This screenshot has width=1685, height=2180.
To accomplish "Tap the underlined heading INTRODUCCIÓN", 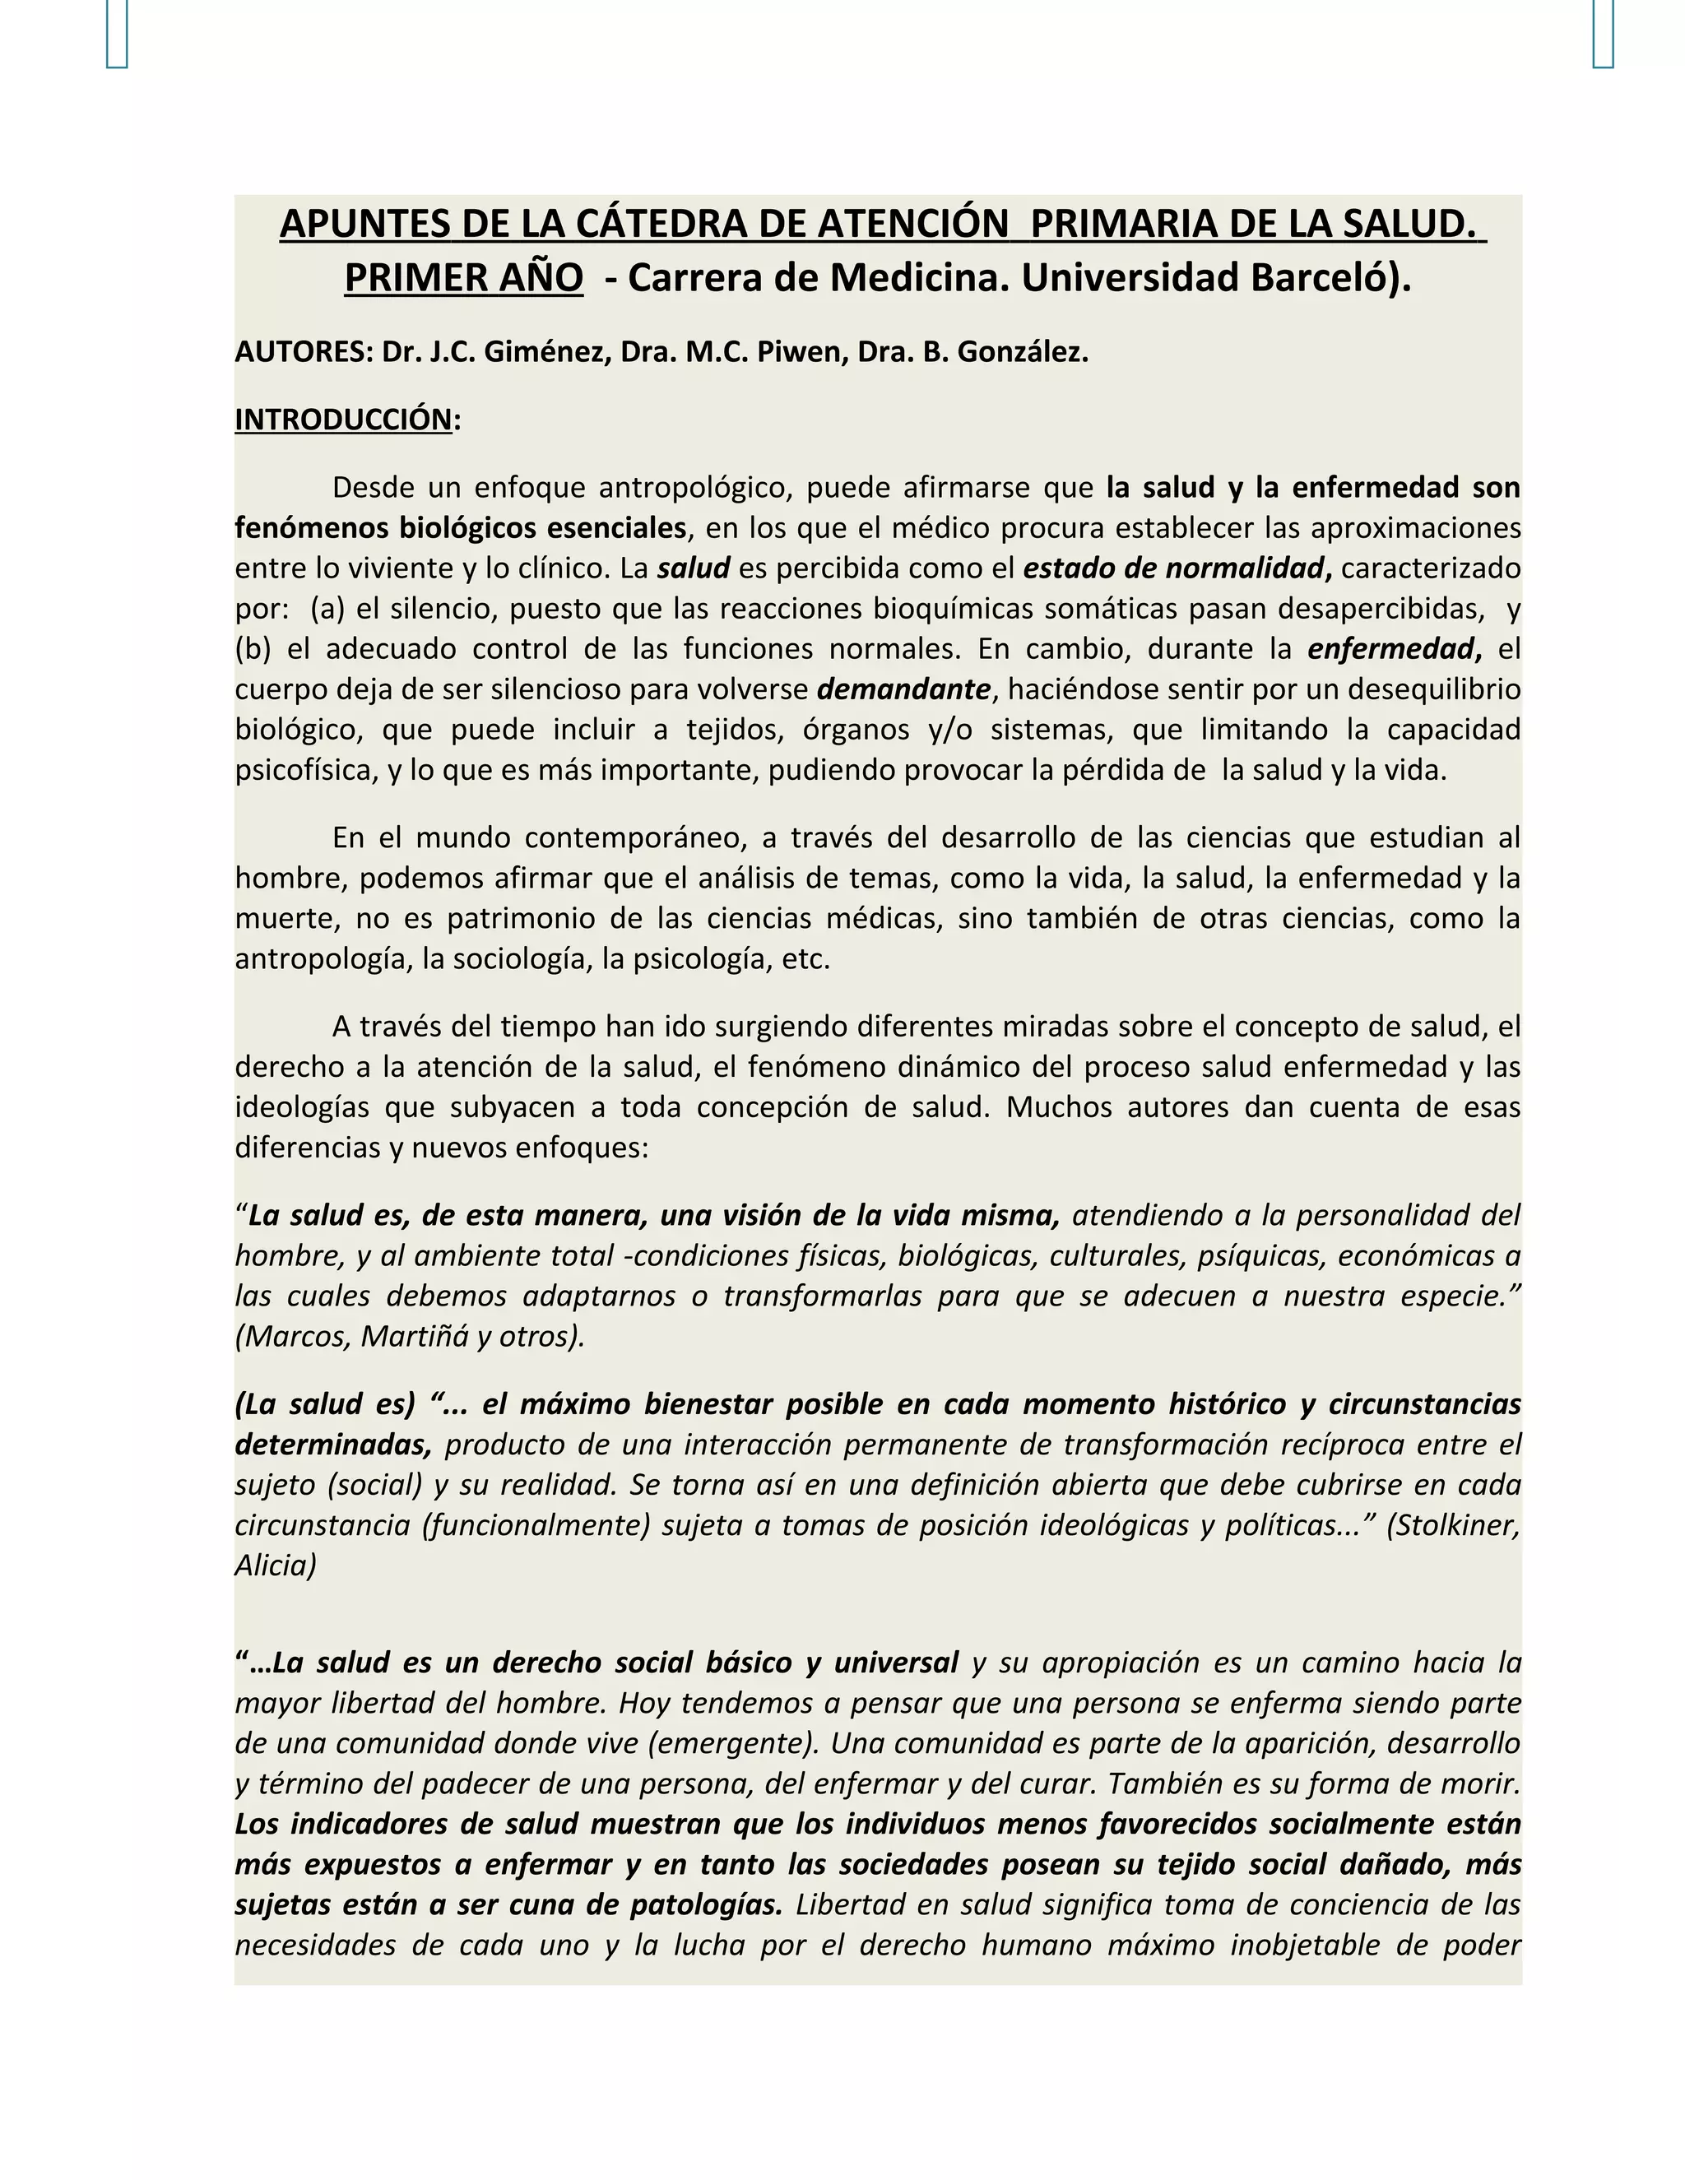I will [x=343, y=420].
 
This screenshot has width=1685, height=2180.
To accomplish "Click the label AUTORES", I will [x=301, y=352].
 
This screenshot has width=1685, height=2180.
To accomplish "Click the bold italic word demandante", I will [x=903, y=689].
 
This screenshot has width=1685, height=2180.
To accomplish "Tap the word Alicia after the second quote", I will [x=276, y=1565].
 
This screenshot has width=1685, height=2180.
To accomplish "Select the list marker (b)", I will [x=253, y=650].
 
